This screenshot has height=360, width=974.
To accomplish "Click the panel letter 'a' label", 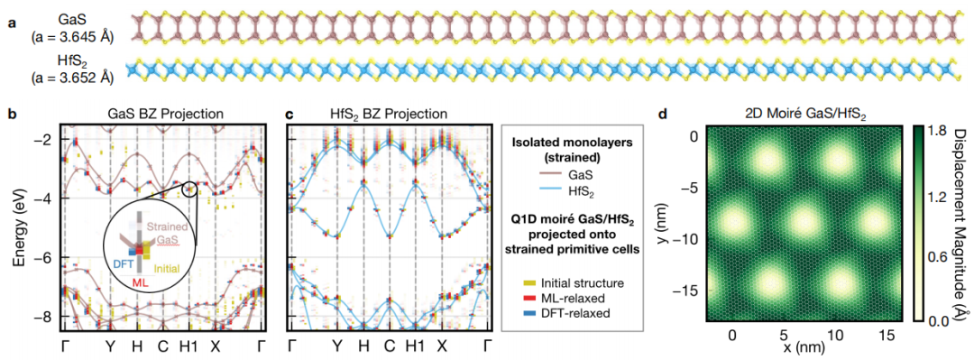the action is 9,24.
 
